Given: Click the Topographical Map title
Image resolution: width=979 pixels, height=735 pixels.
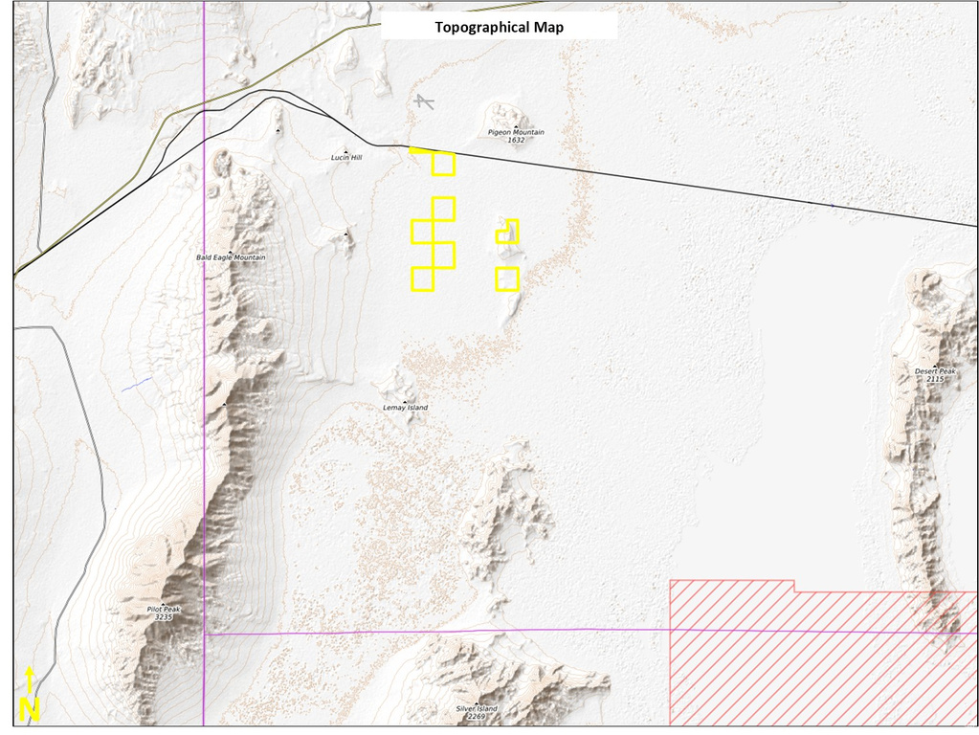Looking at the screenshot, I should [499, 27].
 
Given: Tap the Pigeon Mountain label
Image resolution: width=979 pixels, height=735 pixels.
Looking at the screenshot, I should [516, 132].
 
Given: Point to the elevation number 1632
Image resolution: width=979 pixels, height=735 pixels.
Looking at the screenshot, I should [516, 141].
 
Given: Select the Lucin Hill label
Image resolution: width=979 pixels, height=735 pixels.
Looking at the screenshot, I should [346, 157].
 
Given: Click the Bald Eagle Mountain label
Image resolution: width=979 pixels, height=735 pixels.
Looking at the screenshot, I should [231, 257].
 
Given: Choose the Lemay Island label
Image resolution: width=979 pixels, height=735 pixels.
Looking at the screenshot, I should [405, 408].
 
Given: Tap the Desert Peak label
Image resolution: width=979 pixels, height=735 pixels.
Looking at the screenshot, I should [934, 370].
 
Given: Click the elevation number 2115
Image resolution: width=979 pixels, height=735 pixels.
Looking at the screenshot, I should [934, 379].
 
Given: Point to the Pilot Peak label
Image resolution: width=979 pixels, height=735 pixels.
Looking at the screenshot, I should [164, 609].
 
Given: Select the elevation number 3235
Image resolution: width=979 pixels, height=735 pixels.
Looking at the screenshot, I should [164, 617].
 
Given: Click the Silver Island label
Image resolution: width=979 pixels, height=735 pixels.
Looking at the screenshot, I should [477, 708].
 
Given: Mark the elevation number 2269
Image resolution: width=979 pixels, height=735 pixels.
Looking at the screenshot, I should [477, 716].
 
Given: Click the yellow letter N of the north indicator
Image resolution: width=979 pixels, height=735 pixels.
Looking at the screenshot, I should [30, 710].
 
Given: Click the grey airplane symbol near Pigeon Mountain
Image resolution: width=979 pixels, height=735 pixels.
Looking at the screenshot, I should [423, 100].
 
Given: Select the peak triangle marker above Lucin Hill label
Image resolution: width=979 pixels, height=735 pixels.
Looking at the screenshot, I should [345, 149].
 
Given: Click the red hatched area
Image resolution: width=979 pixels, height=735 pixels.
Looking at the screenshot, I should [813, 660].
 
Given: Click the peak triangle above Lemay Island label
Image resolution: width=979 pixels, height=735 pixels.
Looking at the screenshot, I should [405, 401].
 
